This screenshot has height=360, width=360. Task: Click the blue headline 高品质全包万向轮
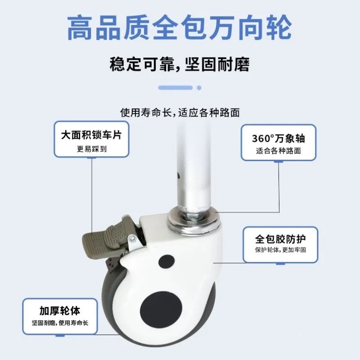click(x=180, y=27)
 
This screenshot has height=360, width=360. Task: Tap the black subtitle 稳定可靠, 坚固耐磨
click(x=180, y=64)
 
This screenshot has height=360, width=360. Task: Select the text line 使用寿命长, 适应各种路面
click(x=180, y=112)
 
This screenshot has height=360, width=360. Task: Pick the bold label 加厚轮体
click(x=59, y=310)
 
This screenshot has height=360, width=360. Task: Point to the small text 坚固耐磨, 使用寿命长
click(x=59, y=323)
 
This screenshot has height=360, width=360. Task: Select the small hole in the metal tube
click(x=180, y=174)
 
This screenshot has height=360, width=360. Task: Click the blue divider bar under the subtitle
click(x=180, y=87)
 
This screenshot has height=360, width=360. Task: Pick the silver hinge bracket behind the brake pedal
click(x=133, y=241)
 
